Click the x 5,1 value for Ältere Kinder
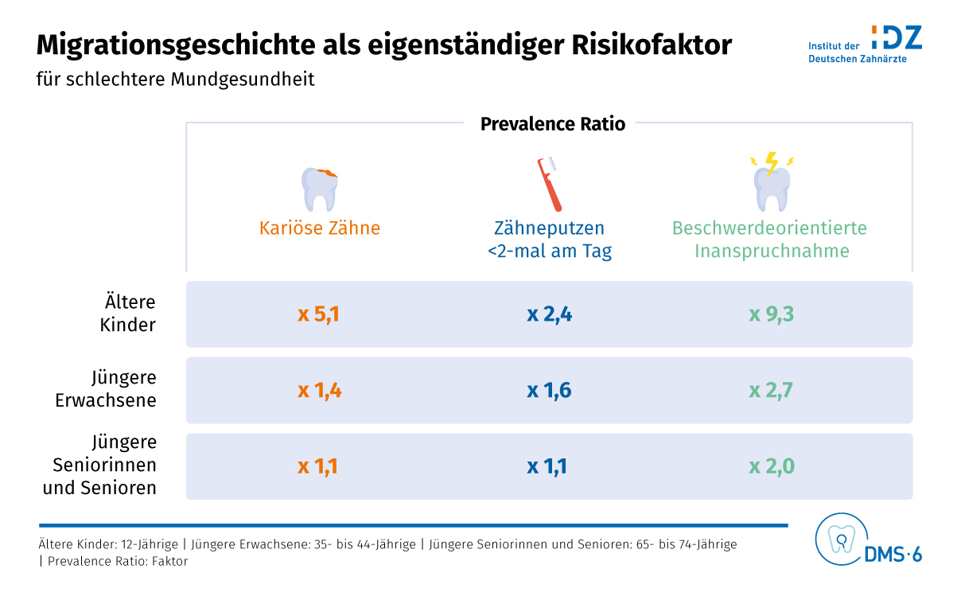click(319, 314)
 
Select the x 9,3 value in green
click(772, 314)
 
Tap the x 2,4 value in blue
click(550, 314)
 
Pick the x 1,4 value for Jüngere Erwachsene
click(320, 391)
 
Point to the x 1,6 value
click(550, 391)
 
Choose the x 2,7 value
click(772, 391)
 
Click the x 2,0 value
click(772, 466)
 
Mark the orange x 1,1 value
click(318, 466)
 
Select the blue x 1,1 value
click(547, 466)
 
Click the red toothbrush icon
click(550, 183)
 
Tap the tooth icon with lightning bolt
click(772, 181)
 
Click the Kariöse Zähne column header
click(320, 228)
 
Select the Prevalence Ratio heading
click(553, 124)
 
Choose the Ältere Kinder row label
click(130, 314)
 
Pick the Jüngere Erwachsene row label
click(106, 389)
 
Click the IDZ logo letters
click(897, 37)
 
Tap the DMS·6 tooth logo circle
click(839, 539)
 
